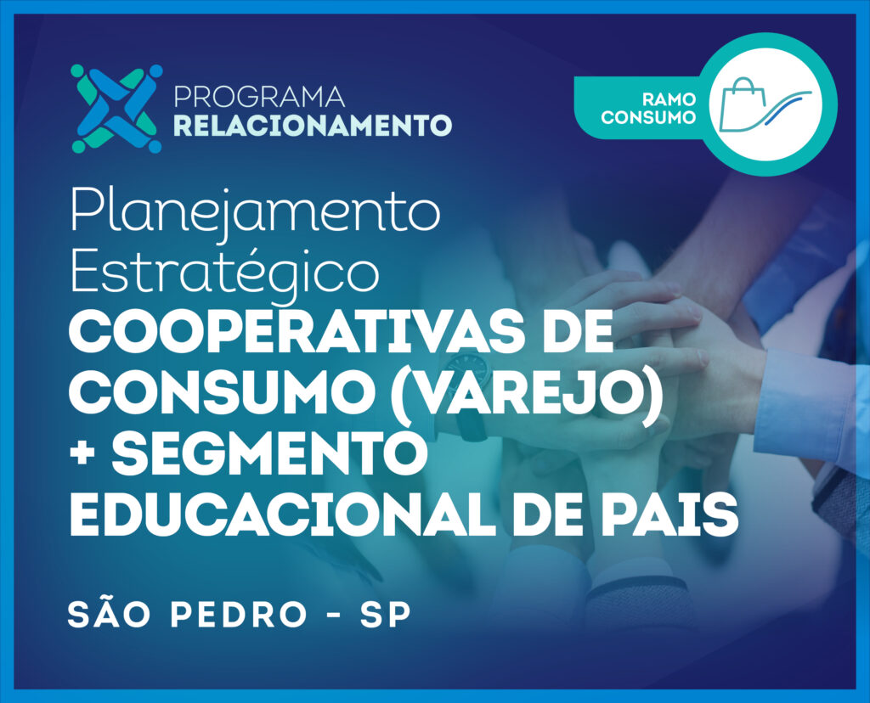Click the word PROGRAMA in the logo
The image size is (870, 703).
coord(259,97)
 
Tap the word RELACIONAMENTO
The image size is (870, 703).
coord(313,126)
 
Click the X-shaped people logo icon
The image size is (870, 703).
coord(116,109)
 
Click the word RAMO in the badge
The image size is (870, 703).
coord(669,100)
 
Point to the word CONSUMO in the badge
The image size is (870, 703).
coord(648,117)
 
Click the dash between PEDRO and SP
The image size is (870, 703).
coord(333,616)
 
